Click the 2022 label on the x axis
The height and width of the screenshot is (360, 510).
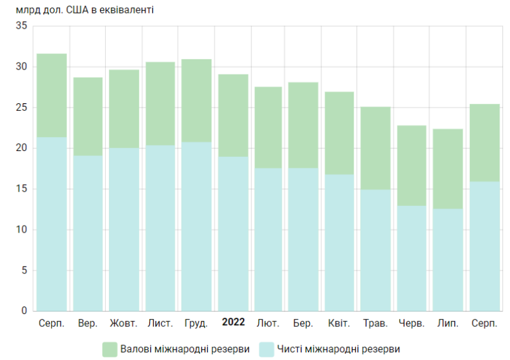coord(233,322)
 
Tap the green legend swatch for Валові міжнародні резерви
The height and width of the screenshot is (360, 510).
coord(110,349)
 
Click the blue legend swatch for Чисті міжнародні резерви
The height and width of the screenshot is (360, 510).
coord(266,349)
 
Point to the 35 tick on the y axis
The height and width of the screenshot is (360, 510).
coord(22,26)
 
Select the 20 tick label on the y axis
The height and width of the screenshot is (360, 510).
coord(22,148)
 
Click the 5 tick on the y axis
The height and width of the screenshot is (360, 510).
coord(24,270)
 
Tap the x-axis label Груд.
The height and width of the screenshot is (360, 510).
coord(196,323)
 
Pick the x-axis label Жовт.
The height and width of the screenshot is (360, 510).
coord(124,323)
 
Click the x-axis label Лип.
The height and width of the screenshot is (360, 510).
coord(448,323)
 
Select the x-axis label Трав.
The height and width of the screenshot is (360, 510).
coord(375,323)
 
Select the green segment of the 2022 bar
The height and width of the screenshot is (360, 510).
coord(233,115)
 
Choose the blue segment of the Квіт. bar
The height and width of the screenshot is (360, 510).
coord(339,243)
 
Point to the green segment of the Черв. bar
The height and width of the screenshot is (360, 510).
coord(412,166)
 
